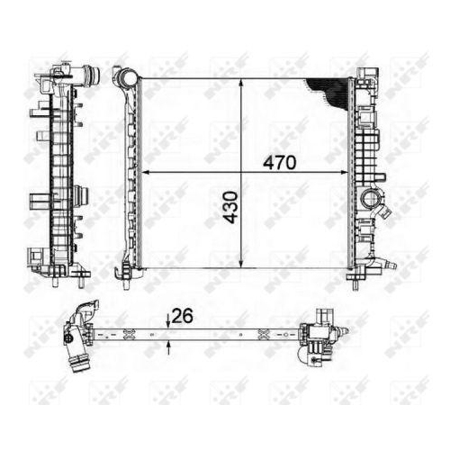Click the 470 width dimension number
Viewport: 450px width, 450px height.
279,163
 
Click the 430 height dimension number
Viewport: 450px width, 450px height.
231,207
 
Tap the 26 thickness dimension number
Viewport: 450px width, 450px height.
182,316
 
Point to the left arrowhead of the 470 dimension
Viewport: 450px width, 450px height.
145,172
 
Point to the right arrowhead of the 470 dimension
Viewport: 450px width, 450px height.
343,172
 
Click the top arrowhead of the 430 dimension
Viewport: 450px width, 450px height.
241,83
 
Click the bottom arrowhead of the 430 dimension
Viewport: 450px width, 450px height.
241,263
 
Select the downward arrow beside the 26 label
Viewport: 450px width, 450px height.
168,320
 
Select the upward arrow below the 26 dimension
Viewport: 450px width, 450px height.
168,348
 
